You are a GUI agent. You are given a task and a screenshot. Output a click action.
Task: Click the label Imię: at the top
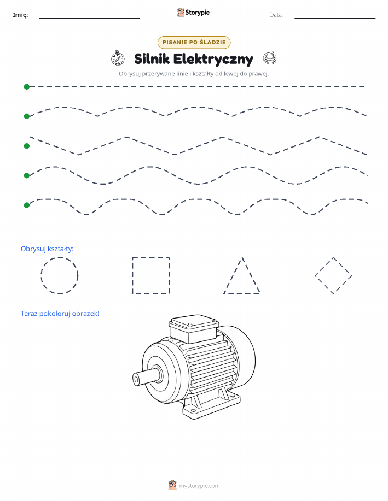pyautogui.click(x=20, y=15)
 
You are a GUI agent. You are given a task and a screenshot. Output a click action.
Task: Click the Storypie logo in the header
pyautogui.click(x=193, y=13)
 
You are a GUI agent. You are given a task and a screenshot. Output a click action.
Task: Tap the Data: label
pyautogui.click(x=276, y=15)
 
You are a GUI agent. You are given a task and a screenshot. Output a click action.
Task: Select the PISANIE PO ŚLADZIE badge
pyautogui.click(x=194, y=42)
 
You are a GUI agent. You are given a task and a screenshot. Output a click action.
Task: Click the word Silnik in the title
pyautogui.click(x=152, y=59)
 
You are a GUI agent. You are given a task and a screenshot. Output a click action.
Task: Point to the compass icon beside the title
pyautogui.click(x=118, y=58)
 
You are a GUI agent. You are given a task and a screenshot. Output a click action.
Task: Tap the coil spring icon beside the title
pyautogui.click(x=270, y=58)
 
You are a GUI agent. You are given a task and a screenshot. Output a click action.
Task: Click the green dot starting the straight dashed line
pyautogui.click(x=27, y=86)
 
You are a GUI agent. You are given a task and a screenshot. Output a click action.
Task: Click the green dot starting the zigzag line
pyautogui.click(x=27, y=146)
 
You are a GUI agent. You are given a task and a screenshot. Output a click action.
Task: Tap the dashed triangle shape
pyautogui.click(x=233, y=275)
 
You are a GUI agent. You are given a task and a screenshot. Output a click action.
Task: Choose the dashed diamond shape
pyautogui.click(x=324, y=267)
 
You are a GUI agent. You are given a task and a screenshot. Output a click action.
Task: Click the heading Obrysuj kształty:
pyautogui.click(x=47, y=249)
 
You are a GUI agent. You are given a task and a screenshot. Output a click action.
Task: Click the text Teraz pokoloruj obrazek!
pyautogui.click(x=60, y=314)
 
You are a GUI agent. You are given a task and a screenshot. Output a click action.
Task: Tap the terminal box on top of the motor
pyautogui.click(x=194, y=328)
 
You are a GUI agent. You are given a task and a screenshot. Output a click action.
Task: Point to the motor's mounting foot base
pyautogui.click(x=211, y=404)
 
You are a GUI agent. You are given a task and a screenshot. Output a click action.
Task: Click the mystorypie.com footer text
pyautogui.click(x=199, y=486)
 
